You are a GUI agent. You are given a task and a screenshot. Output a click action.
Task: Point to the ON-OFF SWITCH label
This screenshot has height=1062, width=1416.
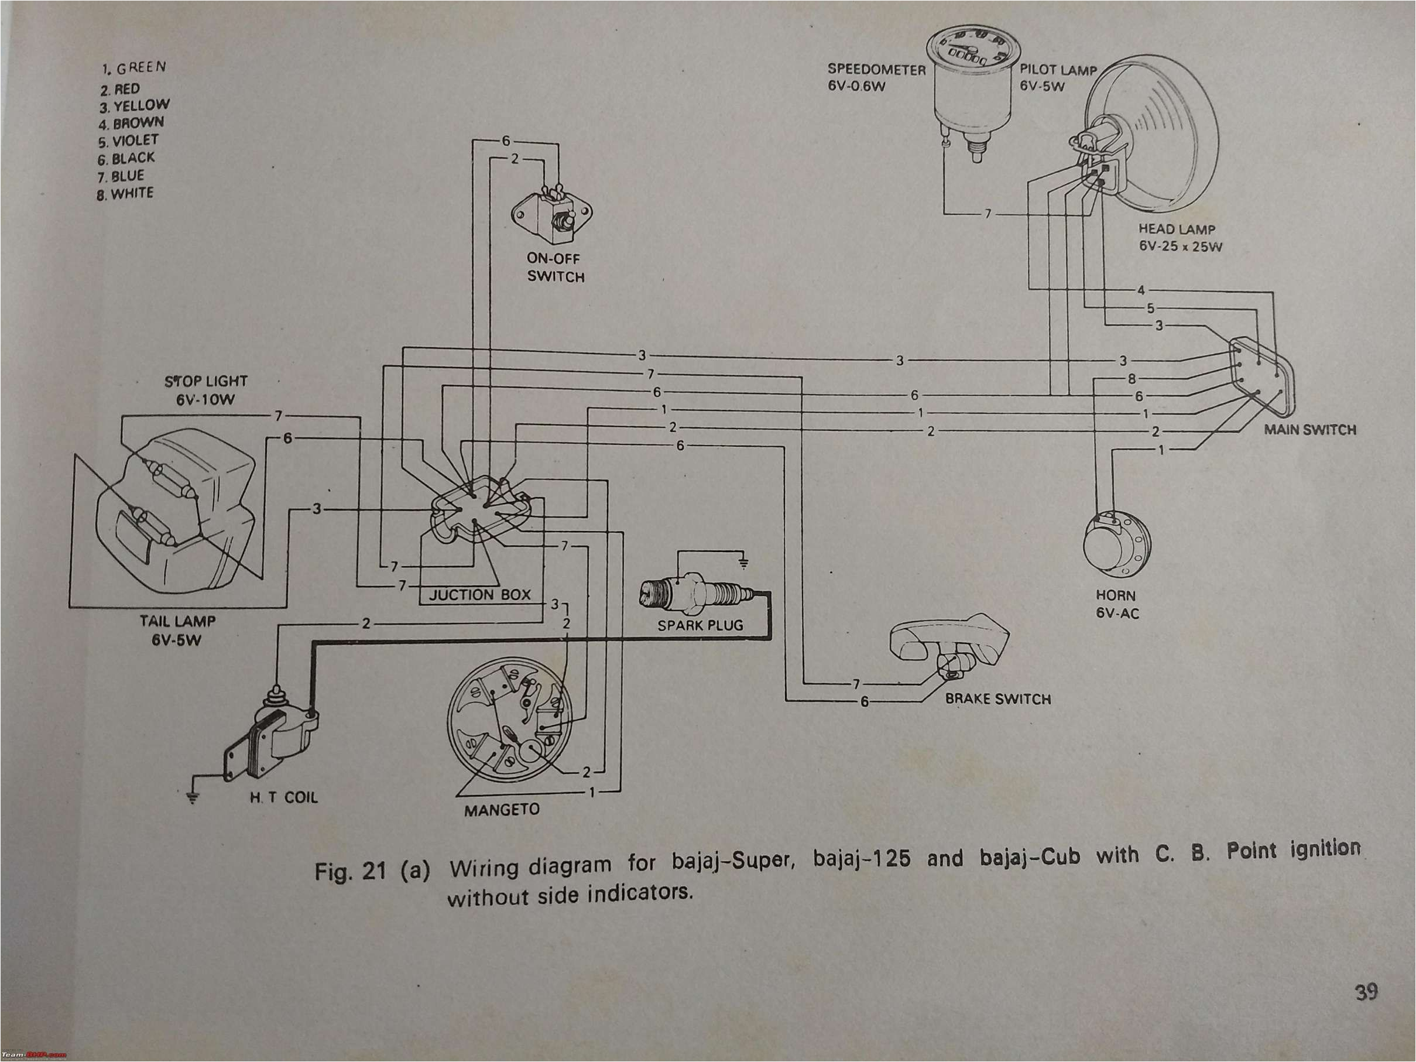coord(555,268)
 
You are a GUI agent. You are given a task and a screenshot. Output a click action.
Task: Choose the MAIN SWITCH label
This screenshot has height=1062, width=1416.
coord(1309,430)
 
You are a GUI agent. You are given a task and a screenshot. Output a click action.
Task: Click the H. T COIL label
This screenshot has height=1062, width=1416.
coord(283,797)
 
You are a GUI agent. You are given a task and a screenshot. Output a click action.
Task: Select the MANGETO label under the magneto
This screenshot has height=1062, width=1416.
coord(501,810)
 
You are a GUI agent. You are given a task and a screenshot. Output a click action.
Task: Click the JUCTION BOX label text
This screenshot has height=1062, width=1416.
coord(479,595)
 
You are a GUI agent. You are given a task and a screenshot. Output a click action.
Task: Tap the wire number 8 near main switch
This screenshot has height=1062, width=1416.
coord(1132,379)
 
